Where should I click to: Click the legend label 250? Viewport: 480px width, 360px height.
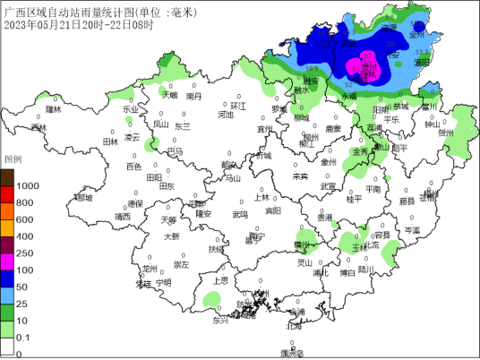tap(25, 253)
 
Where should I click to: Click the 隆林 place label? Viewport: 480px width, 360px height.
tap(53, 109)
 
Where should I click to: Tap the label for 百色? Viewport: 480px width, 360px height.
tap(133, 167)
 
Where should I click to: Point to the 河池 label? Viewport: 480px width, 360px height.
tap(225, 115)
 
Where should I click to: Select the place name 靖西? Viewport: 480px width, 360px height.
tap(123, 217)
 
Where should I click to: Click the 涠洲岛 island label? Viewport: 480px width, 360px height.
tap(292, 355)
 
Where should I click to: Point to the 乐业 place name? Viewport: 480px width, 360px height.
tap(131, 108)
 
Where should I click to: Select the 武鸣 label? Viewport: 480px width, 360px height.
tap(240, 215)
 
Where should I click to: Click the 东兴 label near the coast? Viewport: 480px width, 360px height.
tap(220, 320)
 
